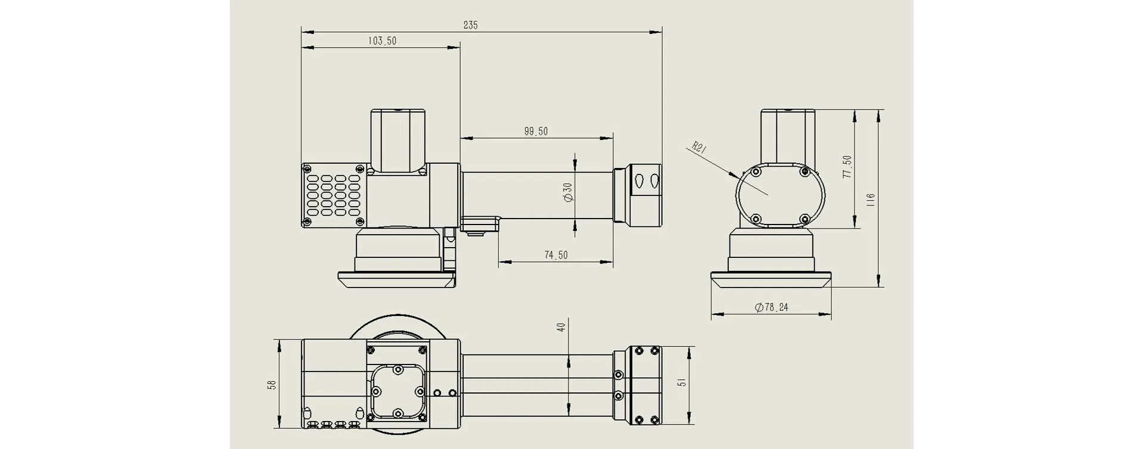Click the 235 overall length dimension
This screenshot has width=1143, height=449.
470,25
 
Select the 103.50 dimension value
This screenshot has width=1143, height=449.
382,41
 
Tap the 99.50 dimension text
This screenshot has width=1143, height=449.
536,132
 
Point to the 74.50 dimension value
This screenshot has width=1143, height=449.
556,255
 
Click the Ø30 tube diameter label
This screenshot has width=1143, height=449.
567,192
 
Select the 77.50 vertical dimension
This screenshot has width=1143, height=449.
847,167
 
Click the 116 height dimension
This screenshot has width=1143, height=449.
871,199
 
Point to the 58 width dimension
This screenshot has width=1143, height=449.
272,385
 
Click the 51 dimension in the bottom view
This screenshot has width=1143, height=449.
683,381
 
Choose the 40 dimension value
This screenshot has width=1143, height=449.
561,327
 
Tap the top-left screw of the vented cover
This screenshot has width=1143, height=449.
307,169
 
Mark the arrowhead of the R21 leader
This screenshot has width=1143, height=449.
735,174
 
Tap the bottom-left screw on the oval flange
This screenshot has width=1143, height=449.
756,218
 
